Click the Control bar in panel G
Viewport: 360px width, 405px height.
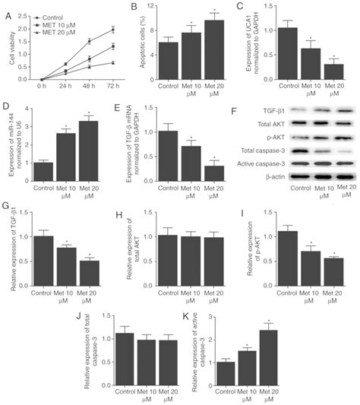(x=48, y=262)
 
